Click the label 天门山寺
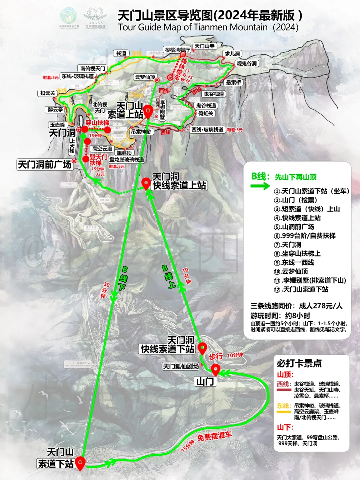tap(204, 46)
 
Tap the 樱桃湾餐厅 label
tap(177, 50)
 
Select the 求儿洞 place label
tap(232, 54)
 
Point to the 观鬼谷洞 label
tap(247, 63)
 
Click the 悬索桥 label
tap(233, 82)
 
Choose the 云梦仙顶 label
tap(145, 77)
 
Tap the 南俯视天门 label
tap(93, 68)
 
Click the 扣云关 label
tap(48, 93)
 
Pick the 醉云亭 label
tap(55, 109)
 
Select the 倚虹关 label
tap(206, 113)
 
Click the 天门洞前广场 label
tap(45, 164)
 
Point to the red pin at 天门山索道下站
tap(80, 463)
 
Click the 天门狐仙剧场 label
tap(181, 366)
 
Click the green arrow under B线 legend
tap(260, 186)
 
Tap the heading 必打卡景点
tap(299, 363)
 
